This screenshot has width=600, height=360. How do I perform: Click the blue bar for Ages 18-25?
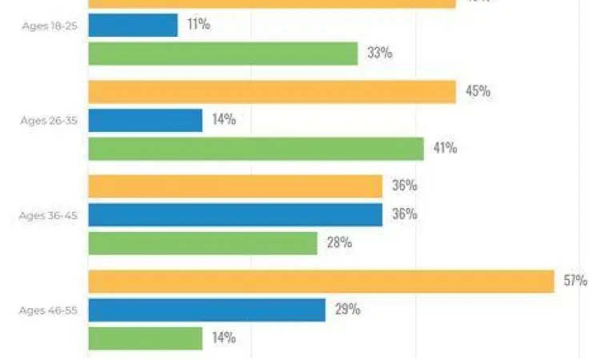point(133,25)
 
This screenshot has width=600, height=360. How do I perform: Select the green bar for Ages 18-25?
point(222,54)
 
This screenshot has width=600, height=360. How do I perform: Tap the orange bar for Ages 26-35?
point(271,92)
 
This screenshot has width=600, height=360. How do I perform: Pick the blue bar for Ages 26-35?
point(145,120)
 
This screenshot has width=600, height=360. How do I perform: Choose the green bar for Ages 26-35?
point(255,149)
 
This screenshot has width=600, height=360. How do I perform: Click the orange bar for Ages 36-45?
point(234,186)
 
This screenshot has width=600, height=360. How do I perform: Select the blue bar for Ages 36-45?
point(234,214)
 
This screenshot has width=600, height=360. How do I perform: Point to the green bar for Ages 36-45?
point(202,243)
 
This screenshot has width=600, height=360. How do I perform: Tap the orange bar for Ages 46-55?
point(321,281)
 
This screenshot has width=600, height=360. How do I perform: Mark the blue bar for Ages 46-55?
point(206,310)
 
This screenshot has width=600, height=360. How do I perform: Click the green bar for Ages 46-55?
point(145,338)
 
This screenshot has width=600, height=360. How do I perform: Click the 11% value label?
point(198,25)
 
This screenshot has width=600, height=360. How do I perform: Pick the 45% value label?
point(478,91)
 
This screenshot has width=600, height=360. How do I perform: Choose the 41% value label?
point(445,148)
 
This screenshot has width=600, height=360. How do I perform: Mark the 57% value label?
point(575,281)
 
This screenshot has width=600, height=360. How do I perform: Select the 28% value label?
point(339,242)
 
